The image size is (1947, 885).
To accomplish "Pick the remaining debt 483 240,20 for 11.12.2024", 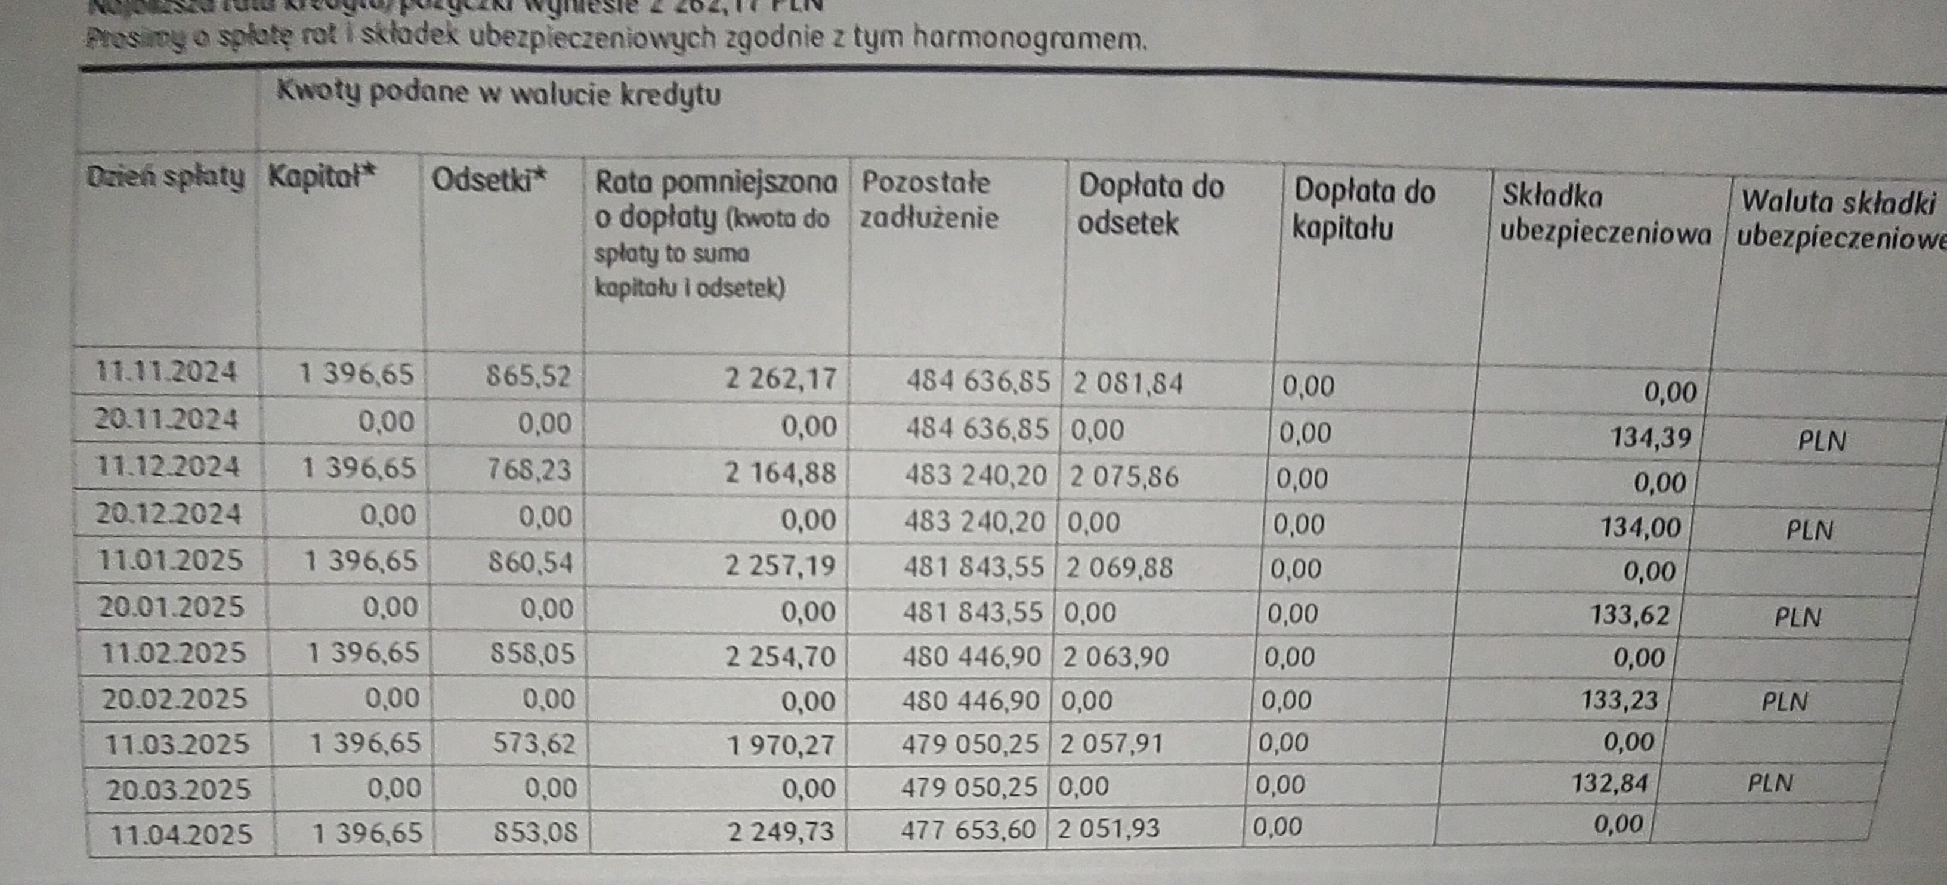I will [976, 475].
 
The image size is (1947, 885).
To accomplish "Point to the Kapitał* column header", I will [322, 177].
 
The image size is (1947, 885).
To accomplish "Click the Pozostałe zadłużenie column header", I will [928, 200].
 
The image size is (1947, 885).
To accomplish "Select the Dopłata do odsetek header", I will [1149, 205].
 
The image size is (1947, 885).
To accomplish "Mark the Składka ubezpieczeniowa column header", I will [1604, 215].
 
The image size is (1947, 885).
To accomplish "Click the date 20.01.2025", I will [172, 607].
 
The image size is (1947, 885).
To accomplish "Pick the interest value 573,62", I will [534, 744].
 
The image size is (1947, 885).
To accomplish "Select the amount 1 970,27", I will [781, 746].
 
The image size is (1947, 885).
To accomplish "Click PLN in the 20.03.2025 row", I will [1769, 783].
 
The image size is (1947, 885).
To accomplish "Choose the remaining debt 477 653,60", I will [968, 830].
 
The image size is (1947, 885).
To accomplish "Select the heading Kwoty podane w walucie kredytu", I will [498, 93].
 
